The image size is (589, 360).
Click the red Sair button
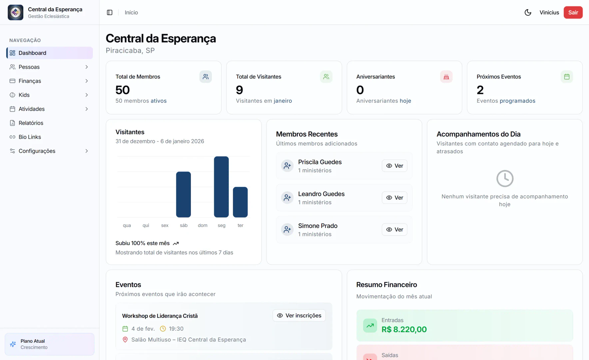pos(573,12)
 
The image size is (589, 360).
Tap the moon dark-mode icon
pos(528,12)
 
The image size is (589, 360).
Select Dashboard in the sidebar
pos(32,53)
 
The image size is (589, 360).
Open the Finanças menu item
pos(30,81)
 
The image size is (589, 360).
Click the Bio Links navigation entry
pos(30,137)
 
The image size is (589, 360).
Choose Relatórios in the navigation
pos(31,123)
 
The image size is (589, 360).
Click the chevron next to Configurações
pos(87,151)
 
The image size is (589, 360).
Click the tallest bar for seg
pos(221,187)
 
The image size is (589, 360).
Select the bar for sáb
pos(183,194)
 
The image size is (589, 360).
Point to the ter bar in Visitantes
pos(240,202)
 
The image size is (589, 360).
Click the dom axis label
pos(203,225)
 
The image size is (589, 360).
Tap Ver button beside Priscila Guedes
pos(394,166)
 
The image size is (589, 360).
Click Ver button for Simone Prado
pos(394,230)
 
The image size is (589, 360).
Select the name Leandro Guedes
pos(321,194)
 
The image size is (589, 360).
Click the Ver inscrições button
pos(299,315)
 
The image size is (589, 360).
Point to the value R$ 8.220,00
pos(404,329)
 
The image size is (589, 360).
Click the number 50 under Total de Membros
pos(123,90)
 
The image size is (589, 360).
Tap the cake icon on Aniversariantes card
pos(446,77)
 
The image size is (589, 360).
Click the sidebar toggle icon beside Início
pos(110,12)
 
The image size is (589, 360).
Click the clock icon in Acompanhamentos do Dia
pos(505,178)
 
